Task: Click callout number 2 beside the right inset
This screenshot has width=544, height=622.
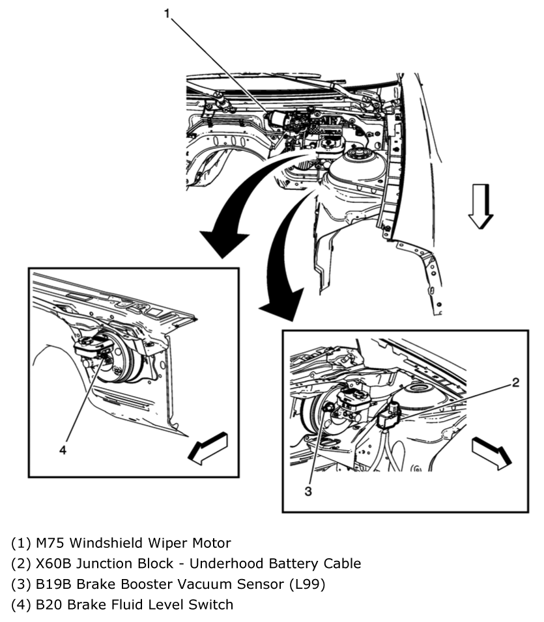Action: [515, 383]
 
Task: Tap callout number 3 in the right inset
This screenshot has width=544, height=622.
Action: [308, 491]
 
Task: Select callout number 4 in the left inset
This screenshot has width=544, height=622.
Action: [63, 448]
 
